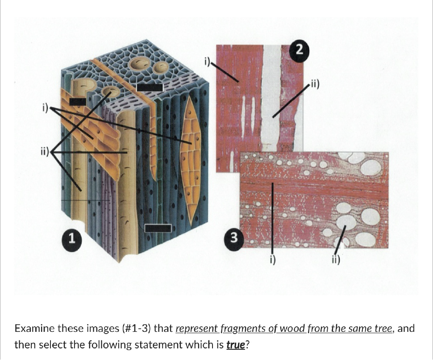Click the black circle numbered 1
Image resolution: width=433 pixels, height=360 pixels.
(x=71, y=238)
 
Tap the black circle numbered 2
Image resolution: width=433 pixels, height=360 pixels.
(x=299, y=50)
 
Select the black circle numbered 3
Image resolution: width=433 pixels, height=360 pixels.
(x=233, y=237)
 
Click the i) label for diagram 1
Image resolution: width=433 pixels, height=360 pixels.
(x=45, y=107)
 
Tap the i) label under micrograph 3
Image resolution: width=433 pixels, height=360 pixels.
(x=273, y=260)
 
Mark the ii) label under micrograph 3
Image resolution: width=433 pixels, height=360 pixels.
(x=336, y=259)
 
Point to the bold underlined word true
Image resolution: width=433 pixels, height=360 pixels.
(x=236, y=345)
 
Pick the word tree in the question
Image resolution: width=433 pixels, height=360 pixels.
(x=383, y=329)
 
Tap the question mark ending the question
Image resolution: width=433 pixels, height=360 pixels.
(x=247, y=345)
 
